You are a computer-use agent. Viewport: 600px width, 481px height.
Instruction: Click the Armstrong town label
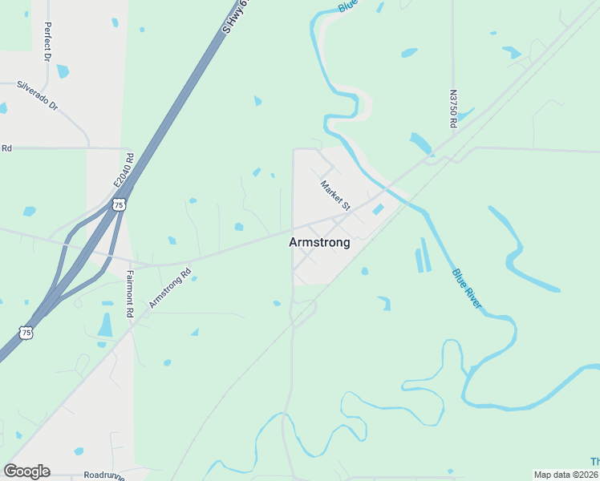click(319, 242)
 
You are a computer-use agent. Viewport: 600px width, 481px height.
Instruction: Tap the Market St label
click(335, 196)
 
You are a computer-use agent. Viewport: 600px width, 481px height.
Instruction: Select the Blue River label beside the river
click(467, 289)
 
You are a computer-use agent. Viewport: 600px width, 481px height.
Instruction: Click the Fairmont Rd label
click(128, 294)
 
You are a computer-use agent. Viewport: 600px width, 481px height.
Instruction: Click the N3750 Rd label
click(453, 109)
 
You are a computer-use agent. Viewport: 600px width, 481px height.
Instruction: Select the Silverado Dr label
click(38, 95)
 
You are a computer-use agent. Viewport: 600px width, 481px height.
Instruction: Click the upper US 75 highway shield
click(119, 204)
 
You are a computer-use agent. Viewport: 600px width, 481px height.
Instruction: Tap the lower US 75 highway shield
click(27, 331)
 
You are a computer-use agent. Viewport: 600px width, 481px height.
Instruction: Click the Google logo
click(26, 471)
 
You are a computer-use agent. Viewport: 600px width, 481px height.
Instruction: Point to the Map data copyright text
click(566, 475)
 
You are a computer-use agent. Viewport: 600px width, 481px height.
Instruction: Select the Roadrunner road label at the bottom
click(103, 475)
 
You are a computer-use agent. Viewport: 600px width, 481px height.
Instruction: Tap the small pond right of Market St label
click(377, 209)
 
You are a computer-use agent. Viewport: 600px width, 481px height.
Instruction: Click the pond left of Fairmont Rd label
click(105, 325)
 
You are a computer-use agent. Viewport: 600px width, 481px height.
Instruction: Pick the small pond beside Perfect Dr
click(63, 71)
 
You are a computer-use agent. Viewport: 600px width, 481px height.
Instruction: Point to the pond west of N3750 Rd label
click(409, 53)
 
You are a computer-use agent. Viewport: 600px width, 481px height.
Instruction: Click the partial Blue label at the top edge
click(347, 6)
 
